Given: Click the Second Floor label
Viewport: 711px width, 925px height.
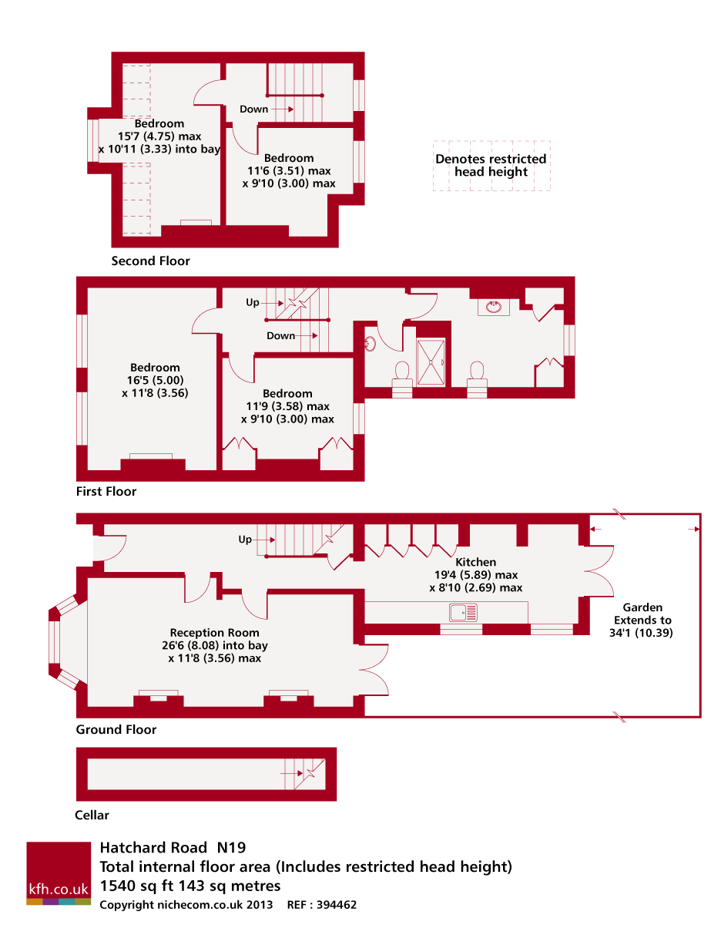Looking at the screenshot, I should click(150, 261).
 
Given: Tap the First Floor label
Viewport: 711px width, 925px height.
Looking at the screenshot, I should click(106, 491).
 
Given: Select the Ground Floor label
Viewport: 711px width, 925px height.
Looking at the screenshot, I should click(116, 729).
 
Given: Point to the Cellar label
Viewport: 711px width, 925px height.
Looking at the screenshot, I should click(92, 815).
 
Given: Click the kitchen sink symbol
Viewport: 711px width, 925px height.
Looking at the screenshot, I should click(463, 612).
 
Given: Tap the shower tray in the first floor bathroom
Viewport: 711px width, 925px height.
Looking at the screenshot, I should click(431, 362).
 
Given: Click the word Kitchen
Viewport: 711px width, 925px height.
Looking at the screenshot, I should click(475, 562).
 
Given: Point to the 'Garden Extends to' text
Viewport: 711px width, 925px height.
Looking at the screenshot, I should click(642, 614).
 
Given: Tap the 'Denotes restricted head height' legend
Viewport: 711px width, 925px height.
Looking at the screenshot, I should click(491, 166).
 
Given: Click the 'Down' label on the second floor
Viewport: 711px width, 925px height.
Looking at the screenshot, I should click(253, 109).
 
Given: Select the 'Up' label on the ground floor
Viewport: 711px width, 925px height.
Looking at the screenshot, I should click(245, 540).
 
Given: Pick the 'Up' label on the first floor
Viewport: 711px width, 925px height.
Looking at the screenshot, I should click(253, 302).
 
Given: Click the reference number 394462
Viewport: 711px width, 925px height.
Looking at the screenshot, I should click(334, 904).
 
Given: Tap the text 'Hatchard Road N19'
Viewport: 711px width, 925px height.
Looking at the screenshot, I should click(173, 848).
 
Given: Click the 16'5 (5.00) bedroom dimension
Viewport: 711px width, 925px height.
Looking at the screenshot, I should click(155, 380).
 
